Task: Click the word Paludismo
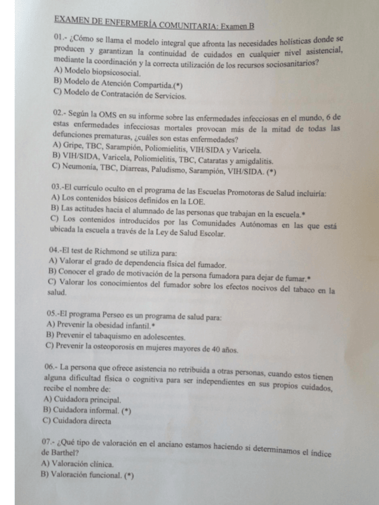(x=165, y=171)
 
